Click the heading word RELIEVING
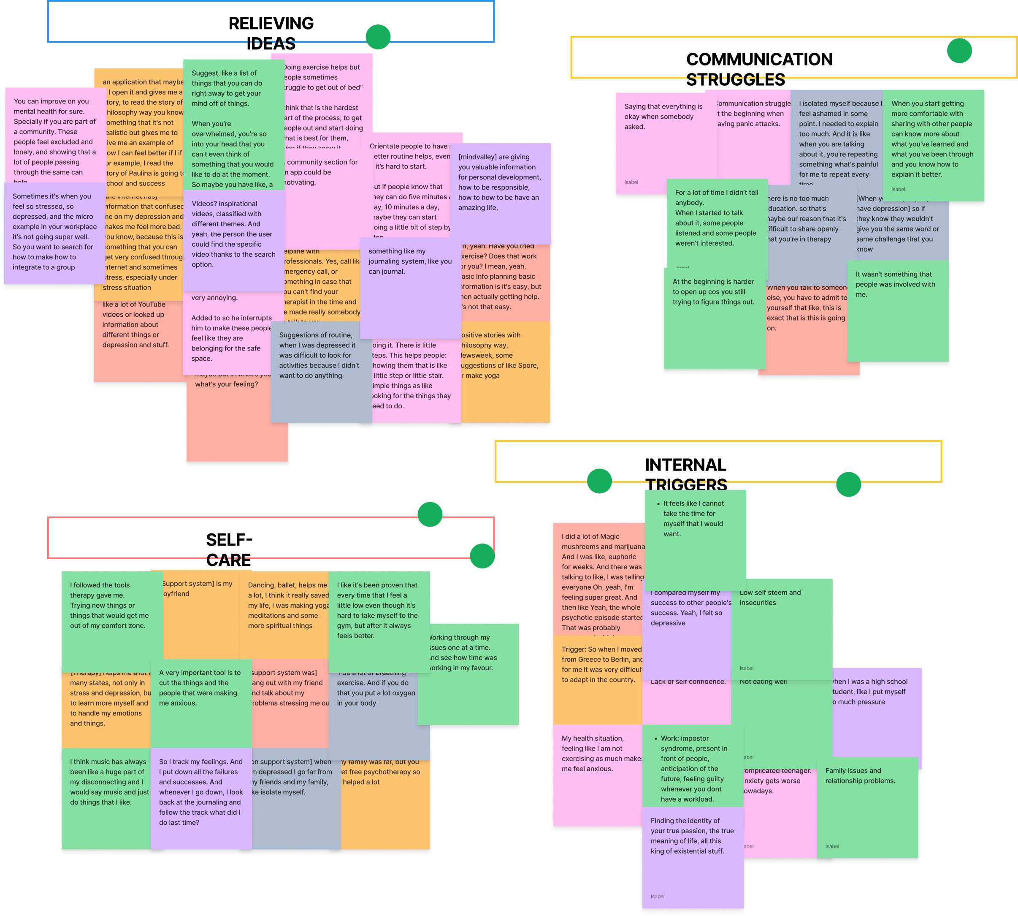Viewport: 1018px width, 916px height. point(271,24)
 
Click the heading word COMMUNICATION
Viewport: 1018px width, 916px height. point(759,60)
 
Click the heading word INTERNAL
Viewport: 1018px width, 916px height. point(685,465)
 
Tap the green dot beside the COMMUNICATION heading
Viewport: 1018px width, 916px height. point(959,51)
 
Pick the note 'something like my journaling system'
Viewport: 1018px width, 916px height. point(410,287)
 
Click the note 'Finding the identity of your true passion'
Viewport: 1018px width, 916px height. point(692,856)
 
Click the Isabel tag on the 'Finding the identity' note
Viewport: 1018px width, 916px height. point(658,897)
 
